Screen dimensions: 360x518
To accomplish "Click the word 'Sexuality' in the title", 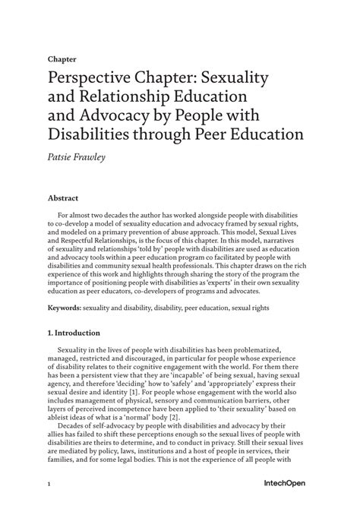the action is click(247, 78).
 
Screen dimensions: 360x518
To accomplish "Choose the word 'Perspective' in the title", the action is click(92, 78).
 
